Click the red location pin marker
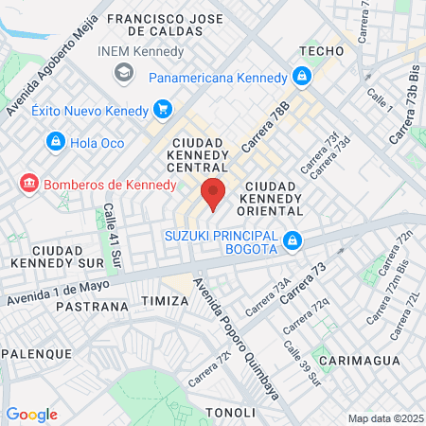[213, 193]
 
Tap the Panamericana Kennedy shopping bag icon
[302, 76]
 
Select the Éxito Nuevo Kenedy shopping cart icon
[162, 110]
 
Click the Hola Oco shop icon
[56, 142]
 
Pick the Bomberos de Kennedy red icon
[28, 181]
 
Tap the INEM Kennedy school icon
[123, 73]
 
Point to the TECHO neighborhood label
[319, 50]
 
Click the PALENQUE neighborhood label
[36, 353]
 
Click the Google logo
[31, 414]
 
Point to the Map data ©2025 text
[383, 418]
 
